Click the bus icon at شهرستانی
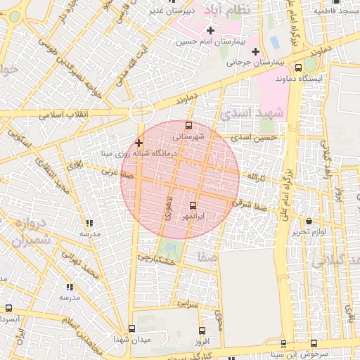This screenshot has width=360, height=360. (188, 126)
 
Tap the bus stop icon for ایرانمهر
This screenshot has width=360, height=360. (193, 205)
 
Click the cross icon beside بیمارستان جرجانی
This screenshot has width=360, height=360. (255, 51)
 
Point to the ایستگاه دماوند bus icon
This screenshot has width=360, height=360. (299, 68)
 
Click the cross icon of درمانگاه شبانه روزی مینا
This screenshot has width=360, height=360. (139, 143)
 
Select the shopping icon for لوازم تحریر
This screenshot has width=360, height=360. (309, 221)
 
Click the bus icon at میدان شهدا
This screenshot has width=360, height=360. (131, 328)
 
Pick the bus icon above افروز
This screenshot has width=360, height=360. (202, 330)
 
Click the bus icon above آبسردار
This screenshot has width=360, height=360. (8, 308)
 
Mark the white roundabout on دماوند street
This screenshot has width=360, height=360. (141, 110)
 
